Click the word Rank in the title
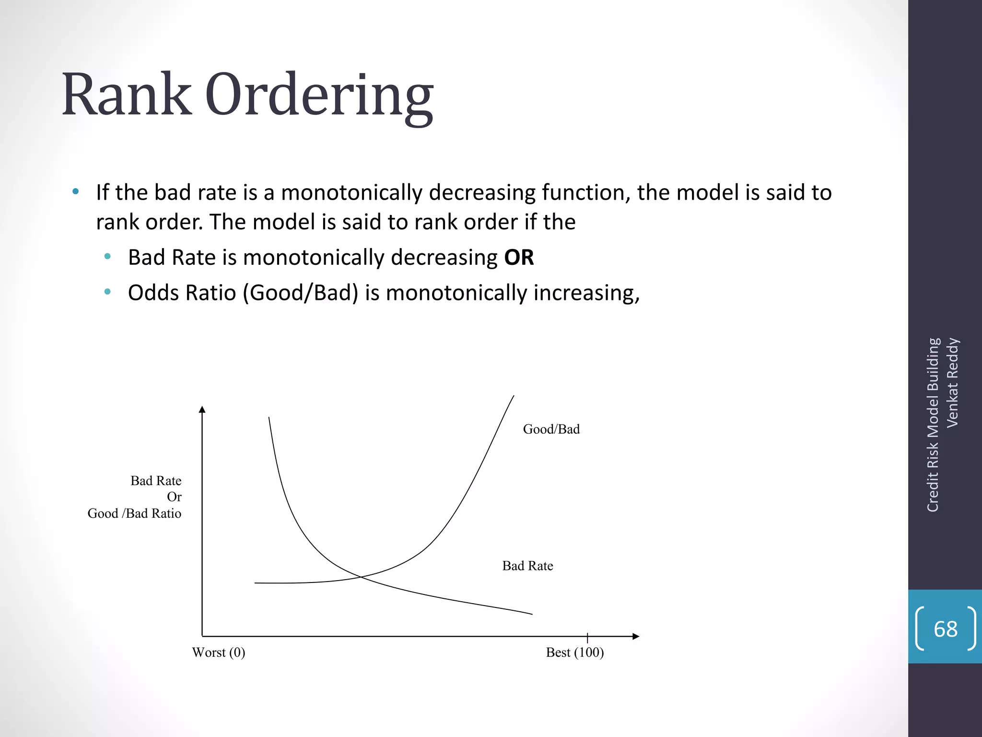pos(127,94)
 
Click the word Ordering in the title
pos(319,96)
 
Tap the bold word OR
pos(519,258)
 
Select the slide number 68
pos(945,629)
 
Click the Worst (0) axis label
pos(219,653)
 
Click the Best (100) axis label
pos(574,653)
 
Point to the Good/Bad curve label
pos(551,429)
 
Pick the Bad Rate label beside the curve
pos(527,566)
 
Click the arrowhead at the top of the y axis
pos(202,409)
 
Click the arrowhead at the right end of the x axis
pos(636,636)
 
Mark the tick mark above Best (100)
pos(587,637)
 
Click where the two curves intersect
pos(361,576)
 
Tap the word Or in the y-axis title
pos(174,497)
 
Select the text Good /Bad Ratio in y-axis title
pos(134,513)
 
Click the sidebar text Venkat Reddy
pos(952,382)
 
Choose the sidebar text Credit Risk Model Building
pos(933,425)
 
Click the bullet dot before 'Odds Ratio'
pos(107,292)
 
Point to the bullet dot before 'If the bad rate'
pos(75,192)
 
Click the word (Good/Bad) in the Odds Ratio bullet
pos(301,293)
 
